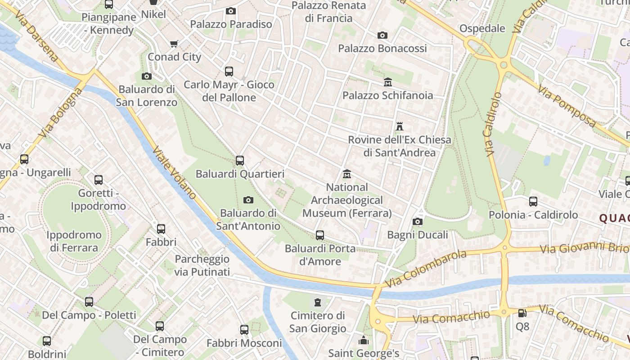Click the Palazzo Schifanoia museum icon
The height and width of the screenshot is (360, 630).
coord(388,82)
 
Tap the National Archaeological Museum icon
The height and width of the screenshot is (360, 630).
coord(347,174)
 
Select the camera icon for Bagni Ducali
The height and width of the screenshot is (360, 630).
coord(418,221)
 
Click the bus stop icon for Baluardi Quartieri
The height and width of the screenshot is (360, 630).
coord(240,160)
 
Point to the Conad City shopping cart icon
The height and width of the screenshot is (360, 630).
coord(174,44)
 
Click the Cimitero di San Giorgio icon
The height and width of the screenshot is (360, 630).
coord(318,301)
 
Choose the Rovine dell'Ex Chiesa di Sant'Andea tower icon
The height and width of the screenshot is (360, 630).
coord(399,126)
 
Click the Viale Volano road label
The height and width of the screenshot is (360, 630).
coord(175,173)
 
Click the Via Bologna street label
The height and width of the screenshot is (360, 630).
coord(61,112)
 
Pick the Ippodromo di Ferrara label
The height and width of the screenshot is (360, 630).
coord(74,241)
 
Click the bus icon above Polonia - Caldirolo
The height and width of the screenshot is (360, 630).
coord(533,201)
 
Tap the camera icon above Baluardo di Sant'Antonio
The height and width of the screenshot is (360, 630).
coord(248,200)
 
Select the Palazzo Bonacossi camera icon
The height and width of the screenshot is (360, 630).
coord(382,35)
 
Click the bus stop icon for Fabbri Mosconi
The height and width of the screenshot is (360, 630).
coord(244,330)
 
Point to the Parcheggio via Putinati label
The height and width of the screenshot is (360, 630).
coord(202,265)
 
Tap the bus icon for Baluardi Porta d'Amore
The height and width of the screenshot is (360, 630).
coord(320,235)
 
